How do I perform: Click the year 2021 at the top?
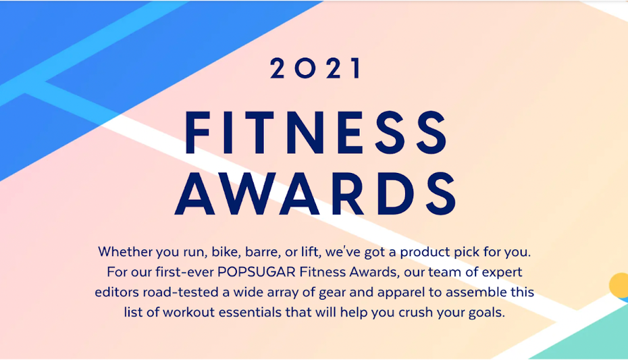pyautogui.click(x=316, y=68)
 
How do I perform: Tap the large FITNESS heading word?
pyautogui.click(x=316, y=132)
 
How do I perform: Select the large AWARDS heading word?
pyautogui.click(x=315, y=194)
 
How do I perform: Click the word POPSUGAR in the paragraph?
pyautogui.click(x=257, y=272)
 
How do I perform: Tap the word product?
pyautogui.click(x=425, y=253)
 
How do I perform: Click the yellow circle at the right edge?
pyautogui.click(x=619, y=286)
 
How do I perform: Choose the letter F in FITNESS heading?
pyautogui.click(x=197, y=132)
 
